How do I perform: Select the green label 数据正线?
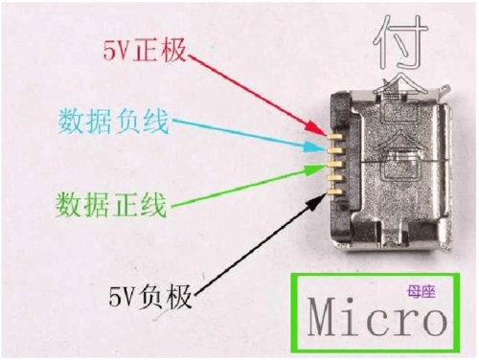(111, 204)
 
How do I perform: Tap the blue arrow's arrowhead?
(321, 149)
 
